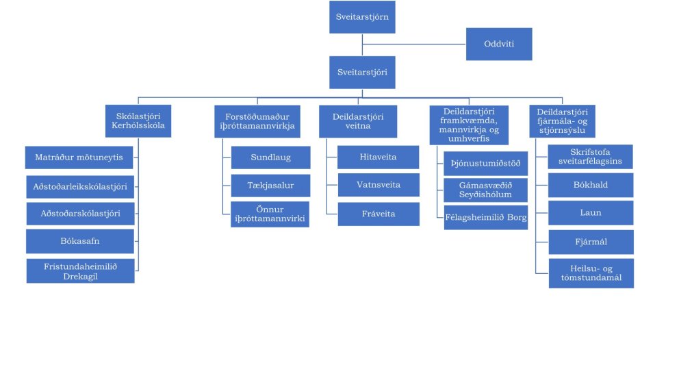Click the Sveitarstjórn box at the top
(362, 17)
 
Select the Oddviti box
(499, 44)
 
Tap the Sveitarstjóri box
(362, 71)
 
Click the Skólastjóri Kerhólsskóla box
(138, 121)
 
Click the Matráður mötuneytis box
(79, 157)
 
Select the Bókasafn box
(79, 241)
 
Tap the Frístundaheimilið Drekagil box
(80, 270)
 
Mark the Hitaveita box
(378, 157)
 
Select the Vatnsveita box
(378, 186)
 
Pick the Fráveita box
(378, 214)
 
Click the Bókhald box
(591, 185)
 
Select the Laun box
(591, 213)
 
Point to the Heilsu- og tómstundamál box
(591, 273)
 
